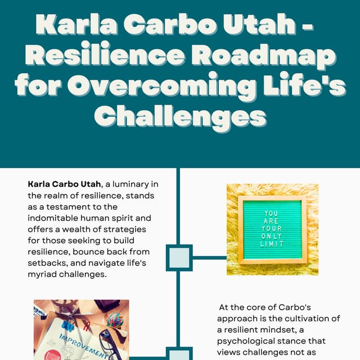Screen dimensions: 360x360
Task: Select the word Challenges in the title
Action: (179, 116)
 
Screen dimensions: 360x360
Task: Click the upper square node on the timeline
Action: (179, 258)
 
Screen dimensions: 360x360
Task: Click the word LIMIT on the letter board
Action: (272, 244)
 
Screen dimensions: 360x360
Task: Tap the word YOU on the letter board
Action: (272, 213)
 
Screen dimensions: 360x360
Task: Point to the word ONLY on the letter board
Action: (272, 237)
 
